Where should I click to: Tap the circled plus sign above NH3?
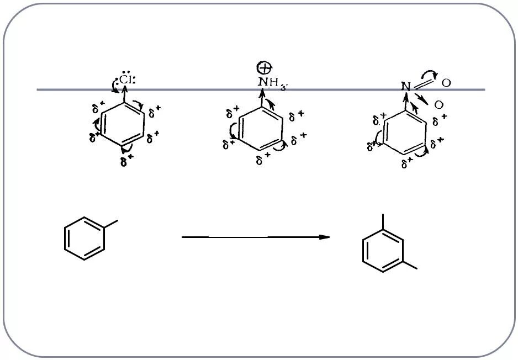pos(265,68)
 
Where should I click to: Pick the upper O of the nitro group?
pos(446,83)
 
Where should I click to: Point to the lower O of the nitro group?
pos(438,105)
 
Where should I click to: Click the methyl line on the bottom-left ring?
pos(110,224)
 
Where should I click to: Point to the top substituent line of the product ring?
pos(383,222)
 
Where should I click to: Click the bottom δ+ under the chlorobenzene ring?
pos(126,161)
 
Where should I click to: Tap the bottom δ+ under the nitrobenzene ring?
pos(408,163)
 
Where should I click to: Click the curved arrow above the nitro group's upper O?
pos(429,74)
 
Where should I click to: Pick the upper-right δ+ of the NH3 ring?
pos(297,115)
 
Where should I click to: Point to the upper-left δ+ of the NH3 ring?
pos(232,114)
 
